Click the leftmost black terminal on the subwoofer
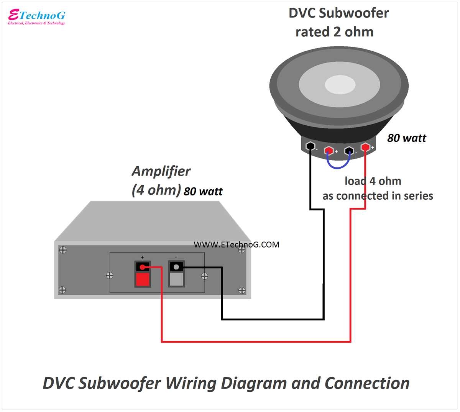[310, 146]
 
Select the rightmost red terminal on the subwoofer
[365, 147]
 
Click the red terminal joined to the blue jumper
[329, 151]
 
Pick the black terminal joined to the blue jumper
[349, 151]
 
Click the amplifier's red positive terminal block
[143, 274]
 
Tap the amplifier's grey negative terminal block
[176, 274]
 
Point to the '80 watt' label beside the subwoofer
[406, 138]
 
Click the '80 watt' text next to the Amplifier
[203, 191]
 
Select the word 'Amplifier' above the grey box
[161, 171]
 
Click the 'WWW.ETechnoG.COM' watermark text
[237, 245]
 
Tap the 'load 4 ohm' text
[373, 181]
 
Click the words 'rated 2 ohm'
[334, 32]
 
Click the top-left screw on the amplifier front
[63, 250]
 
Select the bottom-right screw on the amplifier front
[242, 291]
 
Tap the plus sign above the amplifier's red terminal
[143, 257]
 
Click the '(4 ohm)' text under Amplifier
[156, 190]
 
